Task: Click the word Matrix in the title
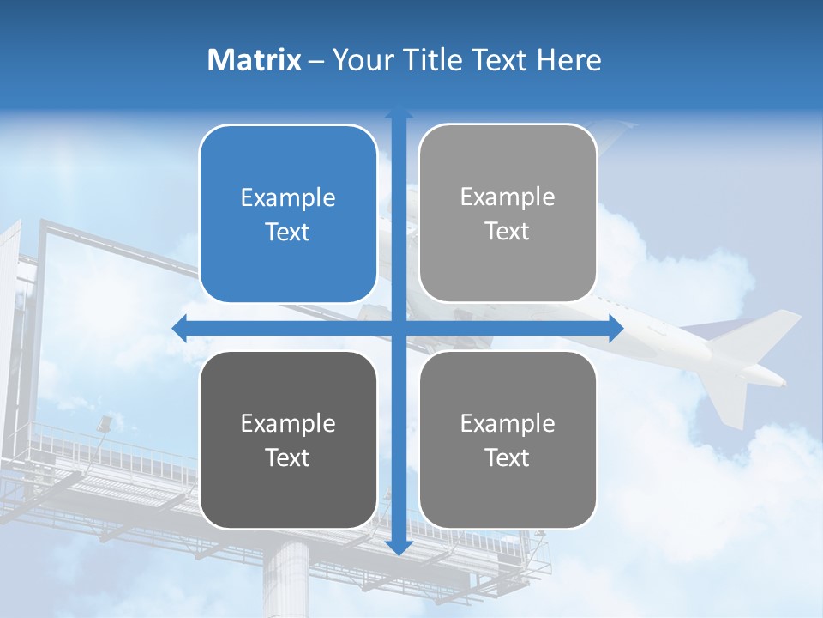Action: coord(255,60)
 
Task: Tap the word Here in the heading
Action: coord(568,60)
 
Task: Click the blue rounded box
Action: coord(288,214)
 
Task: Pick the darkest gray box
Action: coord(288,439)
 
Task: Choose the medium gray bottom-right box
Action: coord(508,439)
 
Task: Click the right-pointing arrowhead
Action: coord(616,328)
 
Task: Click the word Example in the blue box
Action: coord(288,198)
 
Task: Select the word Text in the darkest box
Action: coord(288,457)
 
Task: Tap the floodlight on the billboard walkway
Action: coord(105,422)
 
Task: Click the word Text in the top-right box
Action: coord(508,232)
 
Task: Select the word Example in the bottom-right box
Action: coord(508,423)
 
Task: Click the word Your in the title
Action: coord(361,60)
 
